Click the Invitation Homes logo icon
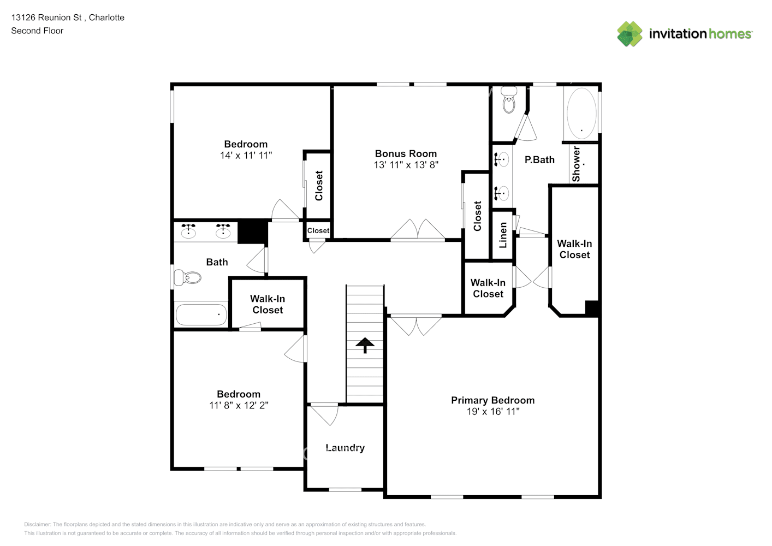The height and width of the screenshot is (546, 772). tap(630, 34)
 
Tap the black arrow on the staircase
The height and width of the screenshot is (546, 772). tap(365, 346)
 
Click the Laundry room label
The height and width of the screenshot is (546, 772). tap(345, 448)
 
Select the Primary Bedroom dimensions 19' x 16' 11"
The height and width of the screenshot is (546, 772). tap(493, 411)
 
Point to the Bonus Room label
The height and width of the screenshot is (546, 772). tap(406, 153)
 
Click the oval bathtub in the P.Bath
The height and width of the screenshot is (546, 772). tap(581, 114)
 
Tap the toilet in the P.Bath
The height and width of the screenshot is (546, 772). tap(509, 99)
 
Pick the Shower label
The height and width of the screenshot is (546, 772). tap(576, 164)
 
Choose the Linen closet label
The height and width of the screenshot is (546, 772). tap(503, 235)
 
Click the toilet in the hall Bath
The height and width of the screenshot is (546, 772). tap(187, 277)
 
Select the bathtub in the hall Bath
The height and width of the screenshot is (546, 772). tap(201, 314)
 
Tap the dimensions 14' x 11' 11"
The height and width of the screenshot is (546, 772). tap(246, 156)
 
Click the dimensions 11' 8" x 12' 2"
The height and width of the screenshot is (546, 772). tap(239, 405)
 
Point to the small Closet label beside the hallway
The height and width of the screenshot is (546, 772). tap(318, 230)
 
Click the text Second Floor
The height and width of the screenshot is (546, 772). tap(37, 31)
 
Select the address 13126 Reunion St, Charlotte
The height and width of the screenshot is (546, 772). tap(68, 17)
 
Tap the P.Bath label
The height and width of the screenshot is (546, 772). tap(539, 159)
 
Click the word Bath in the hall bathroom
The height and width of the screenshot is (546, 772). tap(217, 262)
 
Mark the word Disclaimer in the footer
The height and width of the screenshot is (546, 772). tap(37, 524)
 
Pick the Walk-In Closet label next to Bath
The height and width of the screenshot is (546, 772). tap(268, 304)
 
